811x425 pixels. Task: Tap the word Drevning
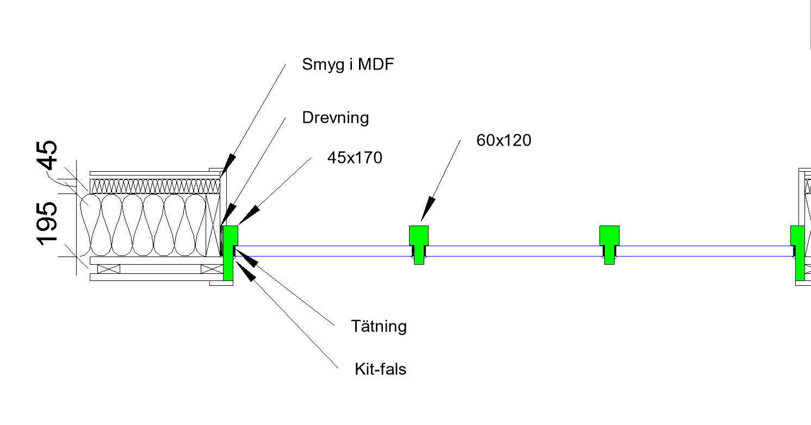point(335,117)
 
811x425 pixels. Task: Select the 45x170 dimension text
point(354,158)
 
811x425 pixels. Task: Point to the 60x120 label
point(503,140)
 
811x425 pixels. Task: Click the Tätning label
point(379,326)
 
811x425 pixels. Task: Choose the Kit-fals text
point(380,369)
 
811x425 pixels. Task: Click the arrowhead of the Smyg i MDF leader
point(229,164)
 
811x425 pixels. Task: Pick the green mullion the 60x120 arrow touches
point(419,236)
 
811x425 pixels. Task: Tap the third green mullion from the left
point(609,236)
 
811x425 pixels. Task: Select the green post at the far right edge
point(798,245)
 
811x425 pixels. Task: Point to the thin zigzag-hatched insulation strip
point(155,187)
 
